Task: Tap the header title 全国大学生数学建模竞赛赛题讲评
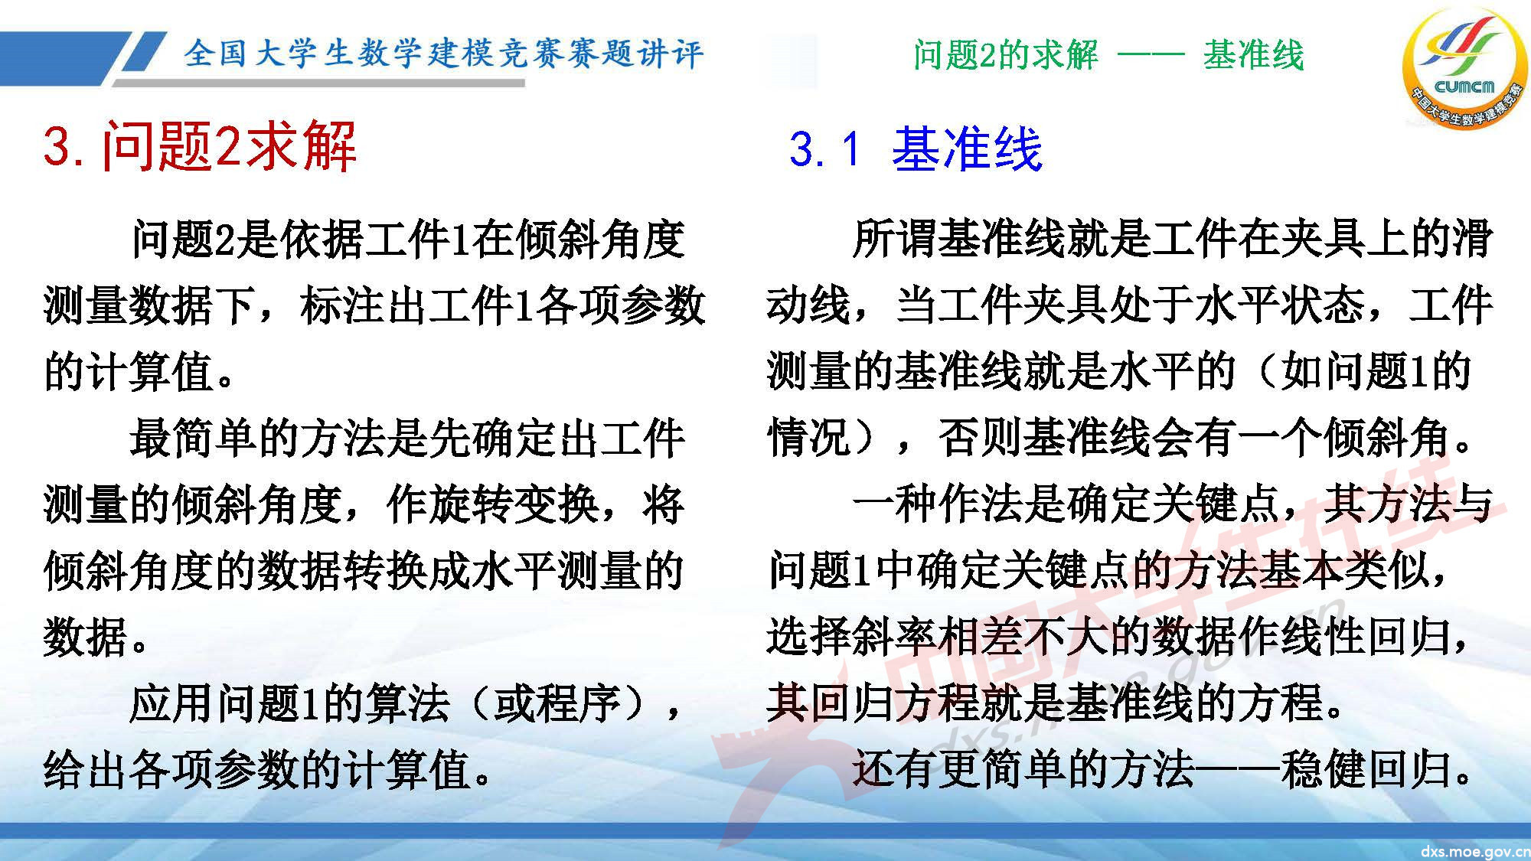(x=443, y=54)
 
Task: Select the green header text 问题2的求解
(x=1006, y=55)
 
